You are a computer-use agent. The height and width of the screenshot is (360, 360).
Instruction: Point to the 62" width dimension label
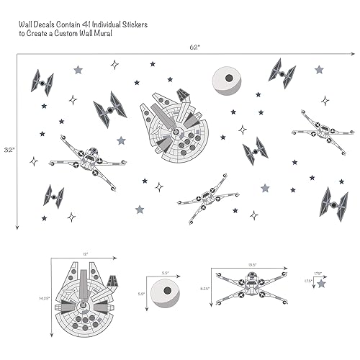194,47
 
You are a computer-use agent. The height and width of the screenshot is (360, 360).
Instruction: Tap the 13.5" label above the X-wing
252,264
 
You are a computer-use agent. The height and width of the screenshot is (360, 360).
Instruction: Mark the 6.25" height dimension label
204,288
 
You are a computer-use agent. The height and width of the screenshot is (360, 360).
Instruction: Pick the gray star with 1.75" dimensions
321,284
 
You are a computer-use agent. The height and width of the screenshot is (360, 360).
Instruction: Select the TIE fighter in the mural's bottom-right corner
333,204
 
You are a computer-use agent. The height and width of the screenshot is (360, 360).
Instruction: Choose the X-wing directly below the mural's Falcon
207,193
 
